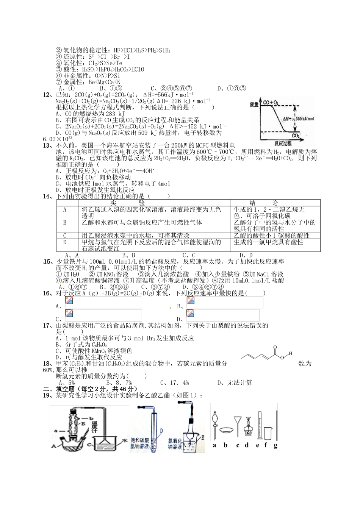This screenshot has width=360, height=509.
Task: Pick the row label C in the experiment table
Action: (x=65, y=236)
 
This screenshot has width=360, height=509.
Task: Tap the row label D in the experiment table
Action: (x=65, y=242)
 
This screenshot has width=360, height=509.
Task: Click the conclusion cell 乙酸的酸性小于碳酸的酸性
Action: (x=272, y=236)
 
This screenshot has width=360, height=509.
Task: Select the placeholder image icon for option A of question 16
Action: (x=69, y=301)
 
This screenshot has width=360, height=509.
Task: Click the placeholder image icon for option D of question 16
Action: (x=190, y=314)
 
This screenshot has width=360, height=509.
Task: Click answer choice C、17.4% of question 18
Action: (x=174, y=383)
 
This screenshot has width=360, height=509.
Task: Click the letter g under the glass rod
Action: (x=275, y=445)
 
